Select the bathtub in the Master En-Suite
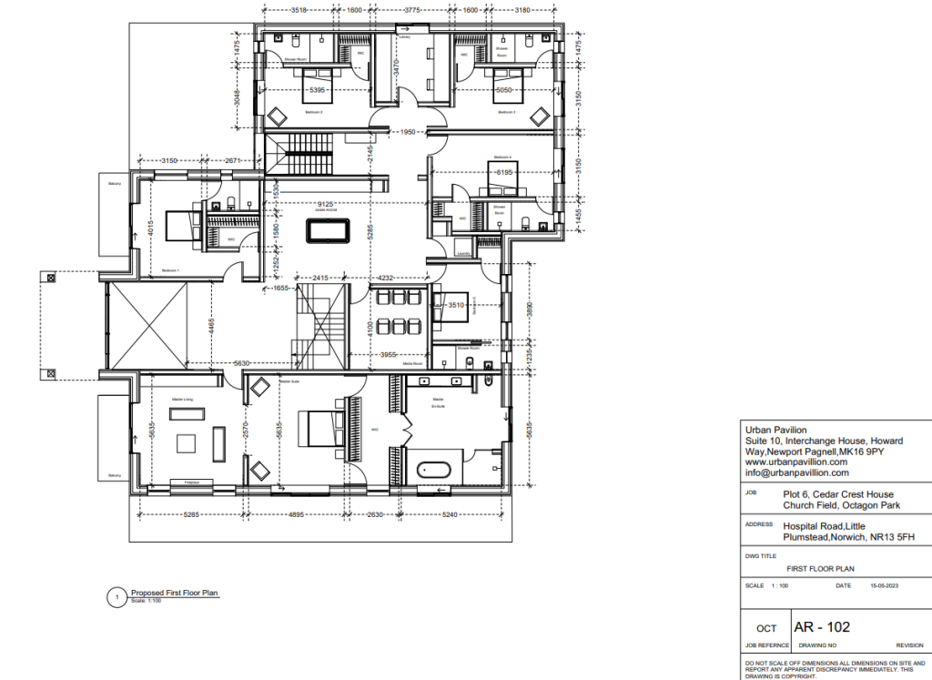click(433, 472)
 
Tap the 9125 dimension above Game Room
click(322, 204)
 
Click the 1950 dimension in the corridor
click(409, 132)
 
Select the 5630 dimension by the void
click(241, 363)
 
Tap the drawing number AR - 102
click(822, 626)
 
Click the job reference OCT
click(766, 628)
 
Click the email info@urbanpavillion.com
click(796, 472)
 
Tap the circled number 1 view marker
click(116, 597)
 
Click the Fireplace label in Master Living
click(192, 482)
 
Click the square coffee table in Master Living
click(187, 443)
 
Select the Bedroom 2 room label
click(507, 111)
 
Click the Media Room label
click(415, 363)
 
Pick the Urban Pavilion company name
click(775, 431)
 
